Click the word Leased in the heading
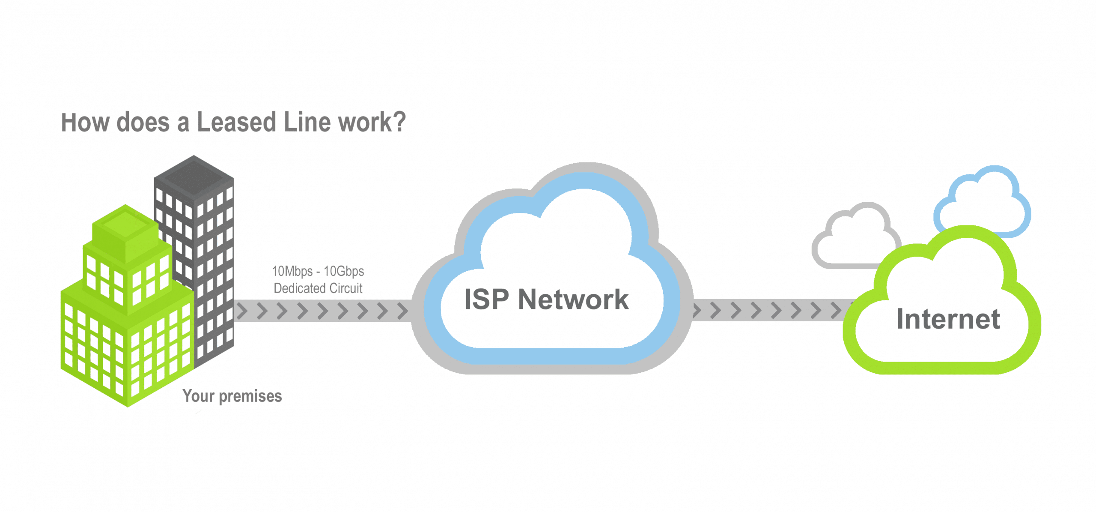pyautogui.click(x=236, y=123)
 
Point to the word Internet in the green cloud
pyautogui.click(x=948, y=319)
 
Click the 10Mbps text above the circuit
pyautogui.click(x=292, y=271)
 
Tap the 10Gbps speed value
pyautogui.click(x=344, y=271)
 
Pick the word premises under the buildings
pyautogui.click(x=250, y=396)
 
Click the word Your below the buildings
pyautogui.click(x=198, y=396)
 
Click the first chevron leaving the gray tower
pyautogui.click(x=242, y=311)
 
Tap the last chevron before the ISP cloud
pyautogui.click(x=402, y=311)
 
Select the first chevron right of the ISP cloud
pyautogui.click(x=697, y=311)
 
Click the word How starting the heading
pyautogui.click(x=85, y=123)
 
